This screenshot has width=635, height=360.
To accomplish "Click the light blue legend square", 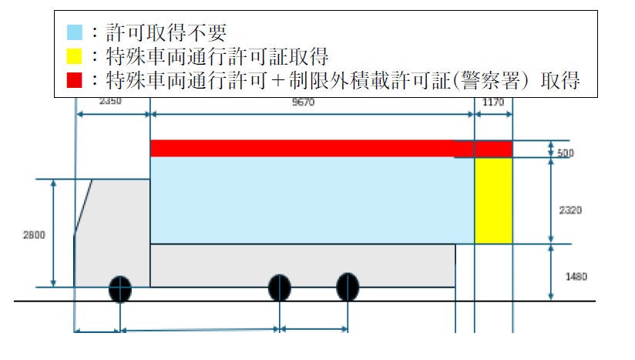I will [x=74, y=32].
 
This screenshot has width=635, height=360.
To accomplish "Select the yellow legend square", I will [x=74, y=56].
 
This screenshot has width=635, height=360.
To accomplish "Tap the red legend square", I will [x=74, y=79].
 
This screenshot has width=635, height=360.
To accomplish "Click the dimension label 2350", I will [x=110, y=100].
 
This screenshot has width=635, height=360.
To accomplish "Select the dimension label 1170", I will [x=492, y=101].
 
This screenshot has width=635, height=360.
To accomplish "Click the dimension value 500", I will [x=566, y=153].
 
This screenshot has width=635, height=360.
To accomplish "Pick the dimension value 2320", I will [x=570, y=209].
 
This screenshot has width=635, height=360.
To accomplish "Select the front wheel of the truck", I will [x=119, y=288].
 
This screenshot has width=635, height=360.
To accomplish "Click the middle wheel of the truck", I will [x=279, y=288].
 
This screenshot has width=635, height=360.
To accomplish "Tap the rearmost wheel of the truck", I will [x=348, y=287].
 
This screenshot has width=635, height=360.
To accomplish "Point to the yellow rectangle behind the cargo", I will [x=493, y=200].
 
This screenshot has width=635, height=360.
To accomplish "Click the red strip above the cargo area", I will [x=308, y=148].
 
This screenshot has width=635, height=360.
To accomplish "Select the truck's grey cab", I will [x=112, y=231].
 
